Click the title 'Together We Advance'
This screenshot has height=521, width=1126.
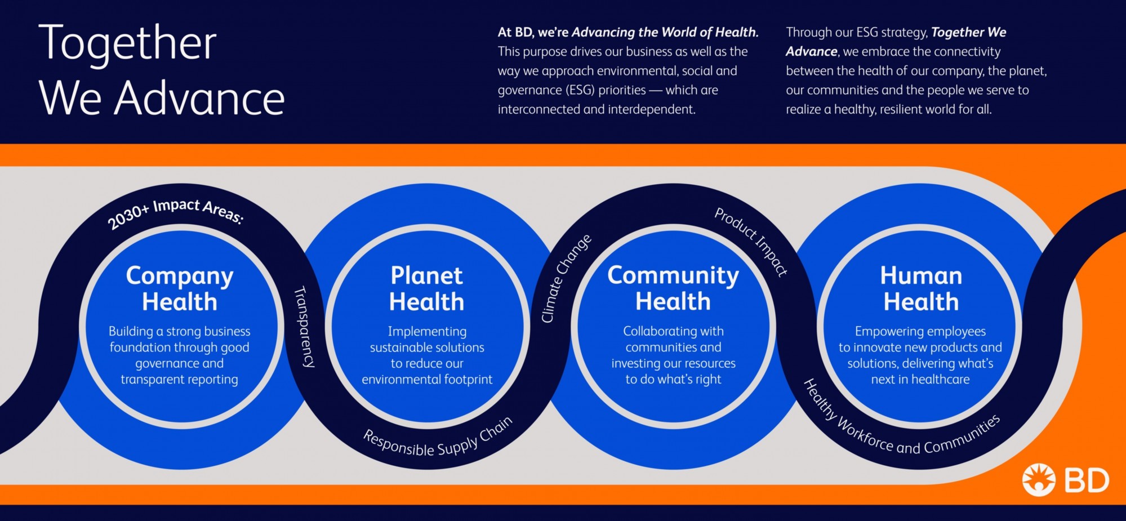pyautogui.click(x=161, y=70)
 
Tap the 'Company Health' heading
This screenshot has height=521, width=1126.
pyautogui.click(x=180, y=289)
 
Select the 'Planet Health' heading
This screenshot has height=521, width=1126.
pyautogui.click(x=427, y=289)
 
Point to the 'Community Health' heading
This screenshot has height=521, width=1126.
pyautogui.click(x=673, y=288)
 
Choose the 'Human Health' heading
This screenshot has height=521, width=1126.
pyautogui.click(x=921, y=289)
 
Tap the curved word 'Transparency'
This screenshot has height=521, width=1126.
pyautogui.click(x=305, y=327)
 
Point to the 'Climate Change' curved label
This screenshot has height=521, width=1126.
pyautogui.click(x=566, y=278)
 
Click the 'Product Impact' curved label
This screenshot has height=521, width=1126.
pyautogui.click(x=751, y=241)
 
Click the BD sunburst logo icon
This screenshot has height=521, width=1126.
pyautogui.click(x=1039, y=480)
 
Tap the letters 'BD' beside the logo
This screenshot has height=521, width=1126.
pyautogui.click(x=1087, y=481)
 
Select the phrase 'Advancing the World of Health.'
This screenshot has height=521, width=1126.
pyautogui.click(x=665, y=32)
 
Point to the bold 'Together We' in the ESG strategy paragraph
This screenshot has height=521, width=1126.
pyautogui.click(x=969, y=32)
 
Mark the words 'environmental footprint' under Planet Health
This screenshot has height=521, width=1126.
pyautogui.click(x=427, y=380)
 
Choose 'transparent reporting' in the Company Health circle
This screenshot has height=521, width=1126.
pyautogui.click(x=180, y=380)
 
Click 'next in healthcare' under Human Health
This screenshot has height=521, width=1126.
pyautogui.click(x=920, y=380)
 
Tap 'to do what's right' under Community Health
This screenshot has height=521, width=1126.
pyautogui.click(x=673, y=380)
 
